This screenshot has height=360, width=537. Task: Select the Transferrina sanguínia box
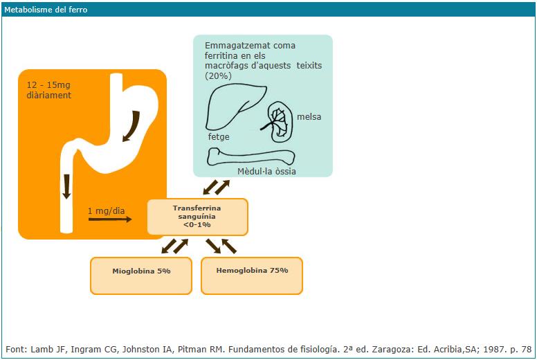coord(197,217)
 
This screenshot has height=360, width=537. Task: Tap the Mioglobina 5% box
coord(141,271)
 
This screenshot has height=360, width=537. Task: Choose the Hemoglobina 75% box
coord(252,270)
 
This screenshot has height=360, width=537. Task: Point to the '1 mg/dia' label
coord(107,210)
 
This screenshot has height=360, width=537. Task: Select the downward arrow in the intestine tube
coord(66,186)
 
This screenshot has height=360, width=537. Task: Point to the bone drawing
coord(251,157)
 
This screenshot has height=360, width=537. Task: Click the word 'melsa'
coord(309,117)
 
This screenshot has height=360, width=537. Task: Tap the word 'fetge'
coord(219,137)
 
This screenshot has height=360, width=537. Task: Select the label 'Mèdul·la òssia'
coord(266,170)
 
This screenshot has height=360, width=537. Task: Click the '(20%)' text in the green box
coord(219,75)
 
